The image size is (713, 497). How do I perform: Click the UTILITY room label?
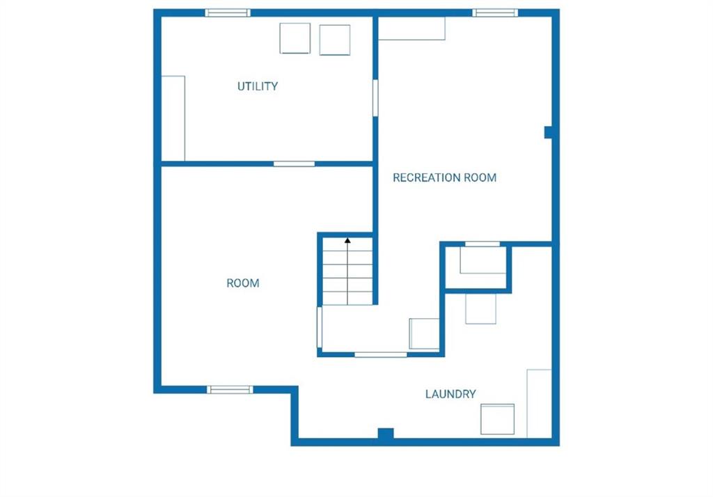click(x=258, y=86)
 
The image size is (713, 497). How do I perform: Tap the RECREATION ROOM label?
click(x=444, y=177)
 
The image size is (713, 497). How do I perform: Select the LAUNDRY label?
click(x=450, y=394)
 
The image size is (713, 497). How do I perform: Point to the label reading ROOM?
click(x=243, y=283)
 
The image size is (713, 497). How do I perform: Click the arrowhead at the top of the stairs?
click(x=347, y=240)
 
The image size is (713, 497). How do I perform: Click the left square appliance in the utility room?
click(x=295, y=38)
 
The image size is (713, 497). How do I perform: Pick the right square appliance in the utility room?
click(x=335, y=40)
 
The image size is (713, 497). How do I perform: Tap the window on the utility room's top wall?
click(x=228, y=13)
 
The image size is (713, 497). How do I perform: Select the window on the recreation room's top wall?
click(x=495, y=13)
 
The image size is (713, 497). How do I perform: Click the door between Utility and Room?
click(x=295, y=164)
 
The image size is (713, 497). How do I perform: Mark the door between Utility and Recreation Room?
click(x=375, y=97)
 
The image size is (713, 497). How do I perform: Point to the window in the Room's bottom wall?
click(x=230, y=390)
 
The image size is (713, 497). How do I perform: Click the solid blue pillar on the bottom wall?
click(x=386, y=434)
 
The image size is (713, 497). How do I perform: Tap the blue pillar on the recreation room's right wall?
click(x=549, y=132)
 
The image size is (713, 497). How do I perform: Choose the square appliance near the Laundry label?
click(x=497, y=419)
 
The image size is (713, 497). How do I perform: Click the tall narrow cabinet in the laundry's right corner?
click(x=539, y=403)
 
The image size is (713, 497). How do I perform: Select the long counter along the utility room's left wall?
click(x=173, y=118)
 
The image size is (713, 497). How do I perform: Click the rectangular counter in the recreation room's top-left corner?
click(x=412, y=29)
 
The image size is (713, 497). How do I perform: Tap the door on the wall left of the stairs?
click(x=320, y=327)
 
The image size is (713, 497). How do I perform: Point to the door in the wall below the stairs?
click(x=381, y=355)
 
